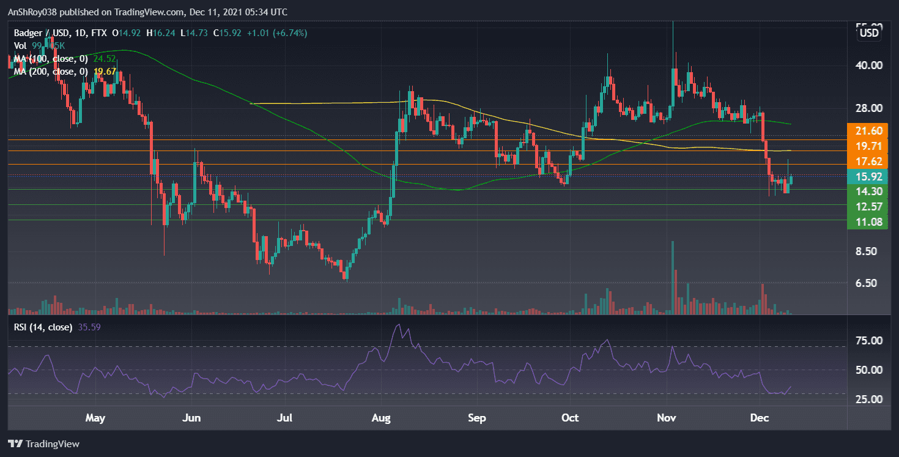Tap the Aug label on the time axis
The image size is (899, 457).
click(x=381, y=418)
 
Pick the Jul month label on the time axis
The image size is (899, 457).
click(x=286, y=418)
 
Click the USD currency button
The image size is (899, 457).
click(x=869, y=32)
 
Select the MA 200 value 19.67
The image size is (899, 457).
click(x=105, y=72)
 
